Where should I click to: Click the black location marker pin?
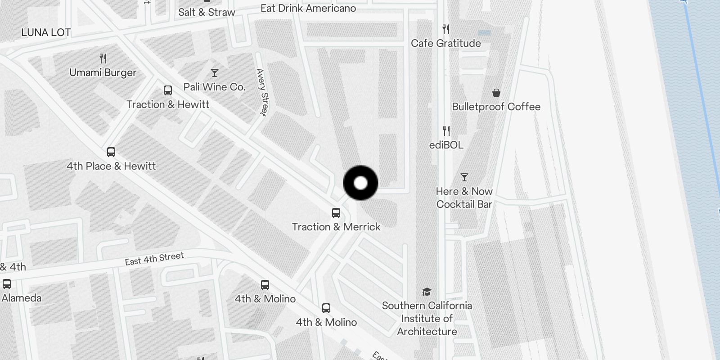pyautogui.click(x=360, y=183)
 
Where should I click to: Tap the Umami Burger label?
pyautogui.click(x=103, y=72)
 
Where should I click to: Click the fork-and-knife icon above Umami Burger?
pyautogui.click(x=103, y=58)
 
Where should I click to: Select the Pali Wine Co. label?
pyautogui.click(x=215, y=87)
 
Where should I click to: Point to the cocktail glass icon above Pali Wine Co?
pyautogui.click(x=215, y=73)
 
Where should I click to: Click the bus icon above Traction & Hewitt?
pyautogui.click(x=168, y=90)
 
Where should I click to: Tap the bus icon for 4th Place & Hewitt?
pyautogui.click(x=111, y=152)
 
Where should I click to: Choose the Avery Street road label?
pyautogui.click(x=262, y=92)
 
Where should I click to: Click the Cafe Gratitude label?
pyautogui.click(x=445, y=43)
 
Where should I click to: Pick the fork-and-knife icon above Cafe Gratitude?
pyautogui.click(x=446, y=29)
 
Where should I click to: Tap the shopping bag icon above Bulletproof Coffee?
pyautogui.click(x=496, y=93)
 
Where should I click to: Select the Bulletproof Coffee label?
pyautogui.click(x=496, y=107)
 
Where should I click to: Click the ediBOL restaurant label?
pyautogui.click(x=446, y=145)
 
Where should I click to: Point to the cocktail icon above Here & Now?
pyautogui.click(x=464, y=177)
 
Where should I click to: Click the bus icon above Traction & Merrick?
pyautogui.click(x=336, y=213)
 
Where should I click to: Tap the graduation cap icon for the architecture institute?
pyautogui.click(x=427, y=292)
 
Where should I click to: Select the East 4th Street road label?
pyautogui.click(x=154, y=259)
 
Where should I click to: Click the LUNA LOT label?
pyautogui.click(x=46, y=32)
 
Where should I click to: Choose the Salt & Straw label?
pyautogui.click(x=207, y=12)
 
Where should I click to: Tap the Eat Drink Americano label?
pyautogui.click(x=308, y=8)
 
